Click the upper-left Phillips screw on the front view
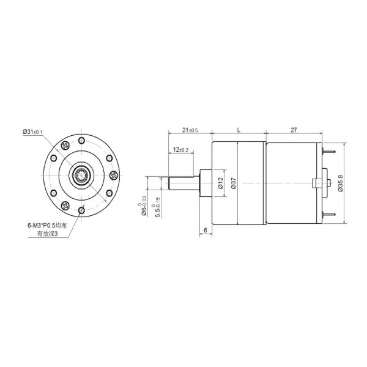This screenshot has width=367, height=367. click(65, 147)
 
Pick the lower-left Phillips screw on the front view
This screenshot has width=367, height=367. click(65, 204)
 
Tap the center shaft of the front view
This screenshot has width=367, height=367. click(81, 176)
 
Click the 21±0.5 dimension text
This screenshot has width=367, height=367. click(189, 130)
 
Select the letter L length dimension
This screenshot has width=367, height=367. click(237, 130)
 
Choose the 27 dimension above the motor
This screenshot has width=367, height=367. click(294, 130)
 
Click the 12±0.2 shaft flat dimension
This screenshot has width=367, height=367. click(181, 150)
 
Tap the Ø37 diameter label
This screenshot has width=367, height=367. click(233, 183)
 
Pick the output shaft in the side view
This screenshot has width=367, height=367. click(183, 183)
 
